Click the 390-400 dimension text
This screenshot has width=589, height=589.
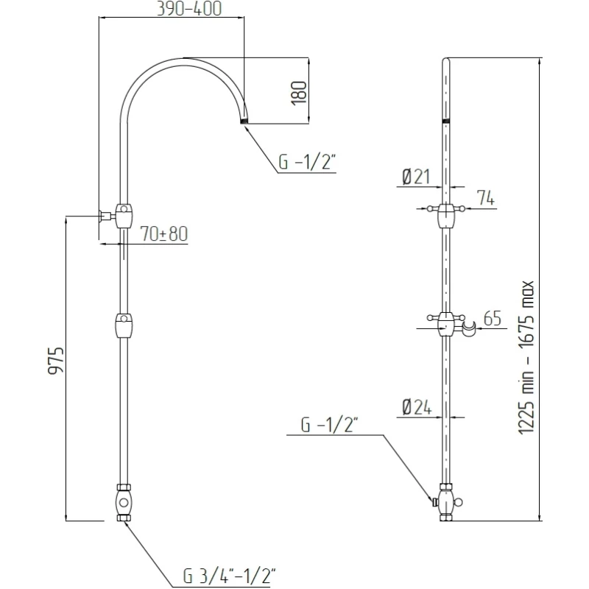pos(188,9)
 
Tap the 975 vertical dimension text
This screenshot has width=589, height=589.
pos(56,361)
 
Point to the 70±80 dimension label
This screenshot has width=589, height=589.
pos(163,234)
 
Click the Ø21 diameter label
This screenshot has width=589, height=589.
pos(417,177)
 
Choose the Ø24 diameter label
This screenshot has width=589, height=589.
pos(417,407)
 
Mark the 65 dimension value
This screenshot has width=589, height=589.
pos(493,319)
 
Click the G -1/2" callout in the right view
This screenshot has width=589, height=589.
pos(329,425)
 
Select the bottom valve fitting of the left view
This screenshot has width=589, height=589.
pos(124,504)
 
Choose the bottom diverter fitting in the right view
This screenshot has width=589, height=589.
pos(446,503)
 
